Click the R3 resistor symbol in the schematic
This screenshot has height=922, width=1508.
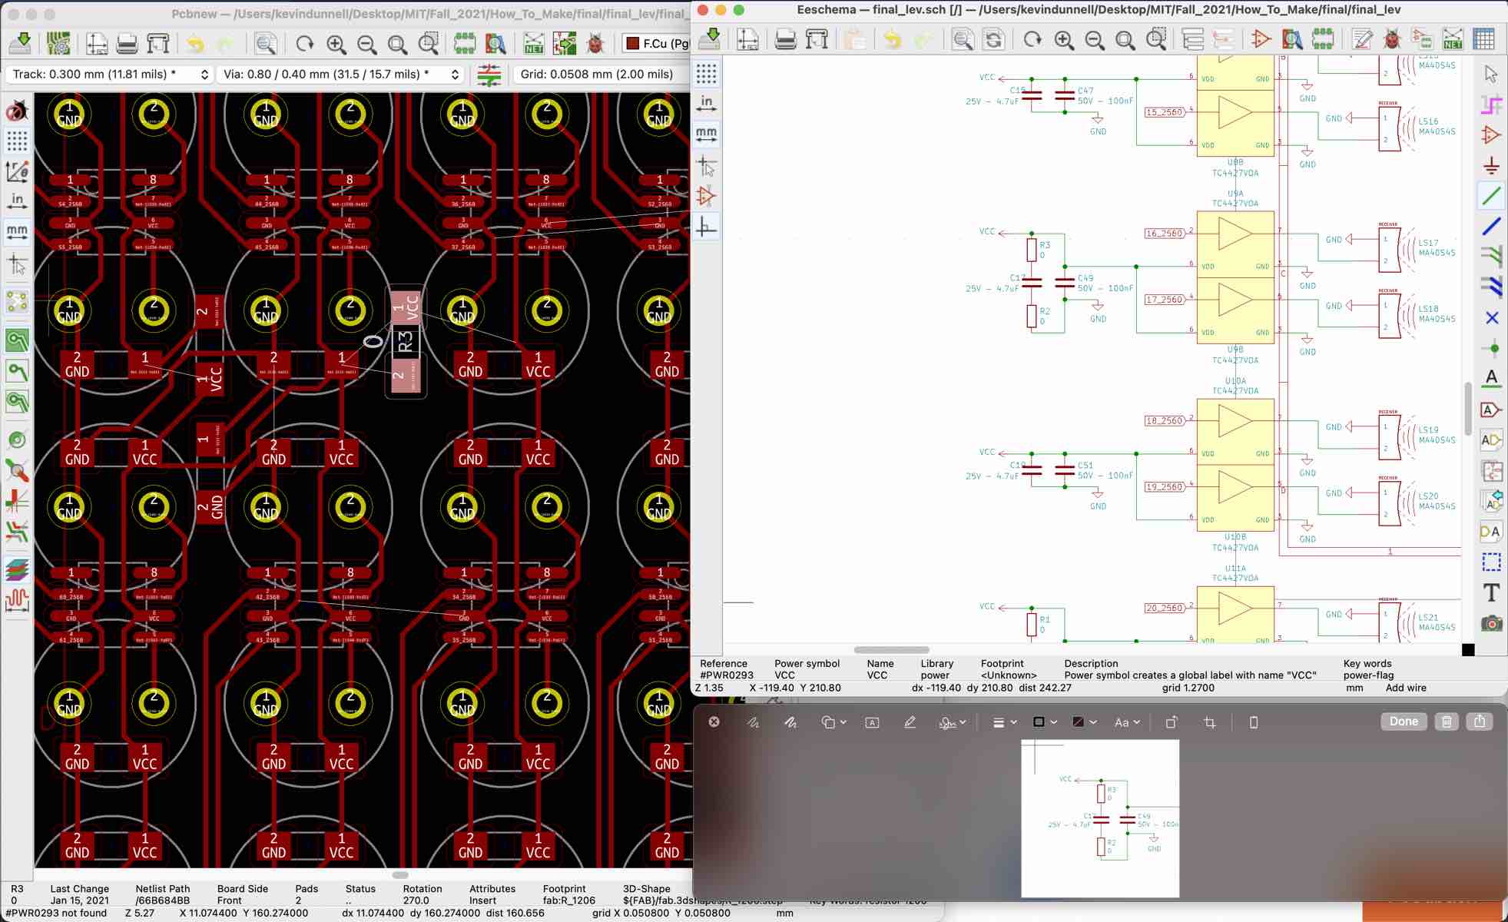(1032, 250)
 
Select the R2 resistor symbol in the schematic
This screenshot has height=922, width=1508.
(1032, 316)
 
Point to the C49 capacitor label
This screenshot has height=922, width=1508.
(1085, 278)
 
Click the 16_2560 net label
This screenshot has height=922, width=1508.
(1164, 233)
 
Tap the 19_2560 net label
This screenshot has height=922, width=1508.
(1164, 486)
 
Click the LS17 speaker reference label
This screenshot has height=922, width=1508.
(1428, 243)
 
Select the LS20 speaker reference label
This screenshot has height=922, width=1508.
(1428, 496)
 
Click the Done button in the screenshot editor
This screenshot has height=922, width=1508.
(1403, 721)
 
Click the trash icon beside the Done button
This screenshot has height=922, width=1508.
(1447, 721)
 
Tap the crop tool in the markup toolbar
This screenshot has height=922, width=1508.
(1210, 722)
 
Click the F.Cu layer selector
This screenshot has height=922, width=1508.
(657, 43)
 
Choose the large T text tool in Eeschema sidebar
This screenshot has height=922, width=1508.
(1491, 592)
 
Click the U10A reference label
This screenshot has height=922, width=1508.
(1235, 381)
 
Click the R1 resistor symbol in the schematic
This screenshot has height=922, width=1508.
(1032, 624)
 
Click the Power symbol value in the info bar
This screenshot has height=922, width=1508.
(784, 675)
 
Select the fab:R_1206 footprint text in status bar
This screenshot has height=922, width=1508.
(568, 900)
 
